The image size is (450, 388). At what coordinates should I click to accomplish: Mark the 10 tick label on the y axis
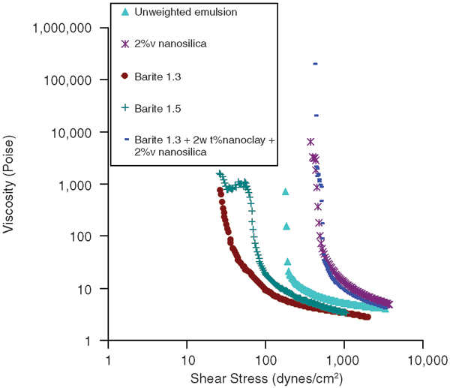coord(89,289)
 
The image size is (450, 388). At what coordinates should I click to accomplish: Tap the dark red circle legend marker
coord(124,76)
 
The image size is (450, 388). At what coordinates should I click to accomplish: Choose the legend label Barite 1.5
coord(155,107)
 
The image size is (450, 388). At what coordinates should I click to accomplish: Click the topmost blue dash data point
coord(316,64)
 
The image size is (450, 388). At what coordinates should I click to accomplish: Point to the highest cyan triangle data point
coord(285,192)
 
